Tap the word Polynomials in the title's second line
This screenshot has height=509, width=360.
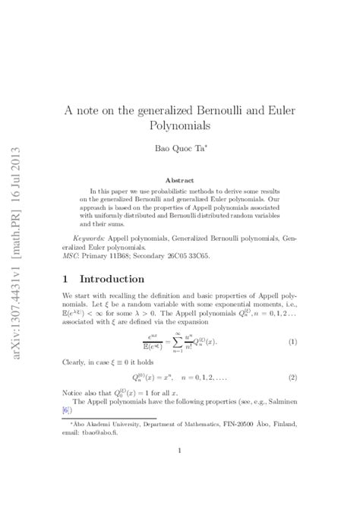(x=180, y=126)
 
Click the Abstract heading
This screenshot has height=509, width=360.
(x=179, y=180)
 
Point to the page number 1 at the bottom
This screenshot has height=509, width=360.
(x=179, y=472)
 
